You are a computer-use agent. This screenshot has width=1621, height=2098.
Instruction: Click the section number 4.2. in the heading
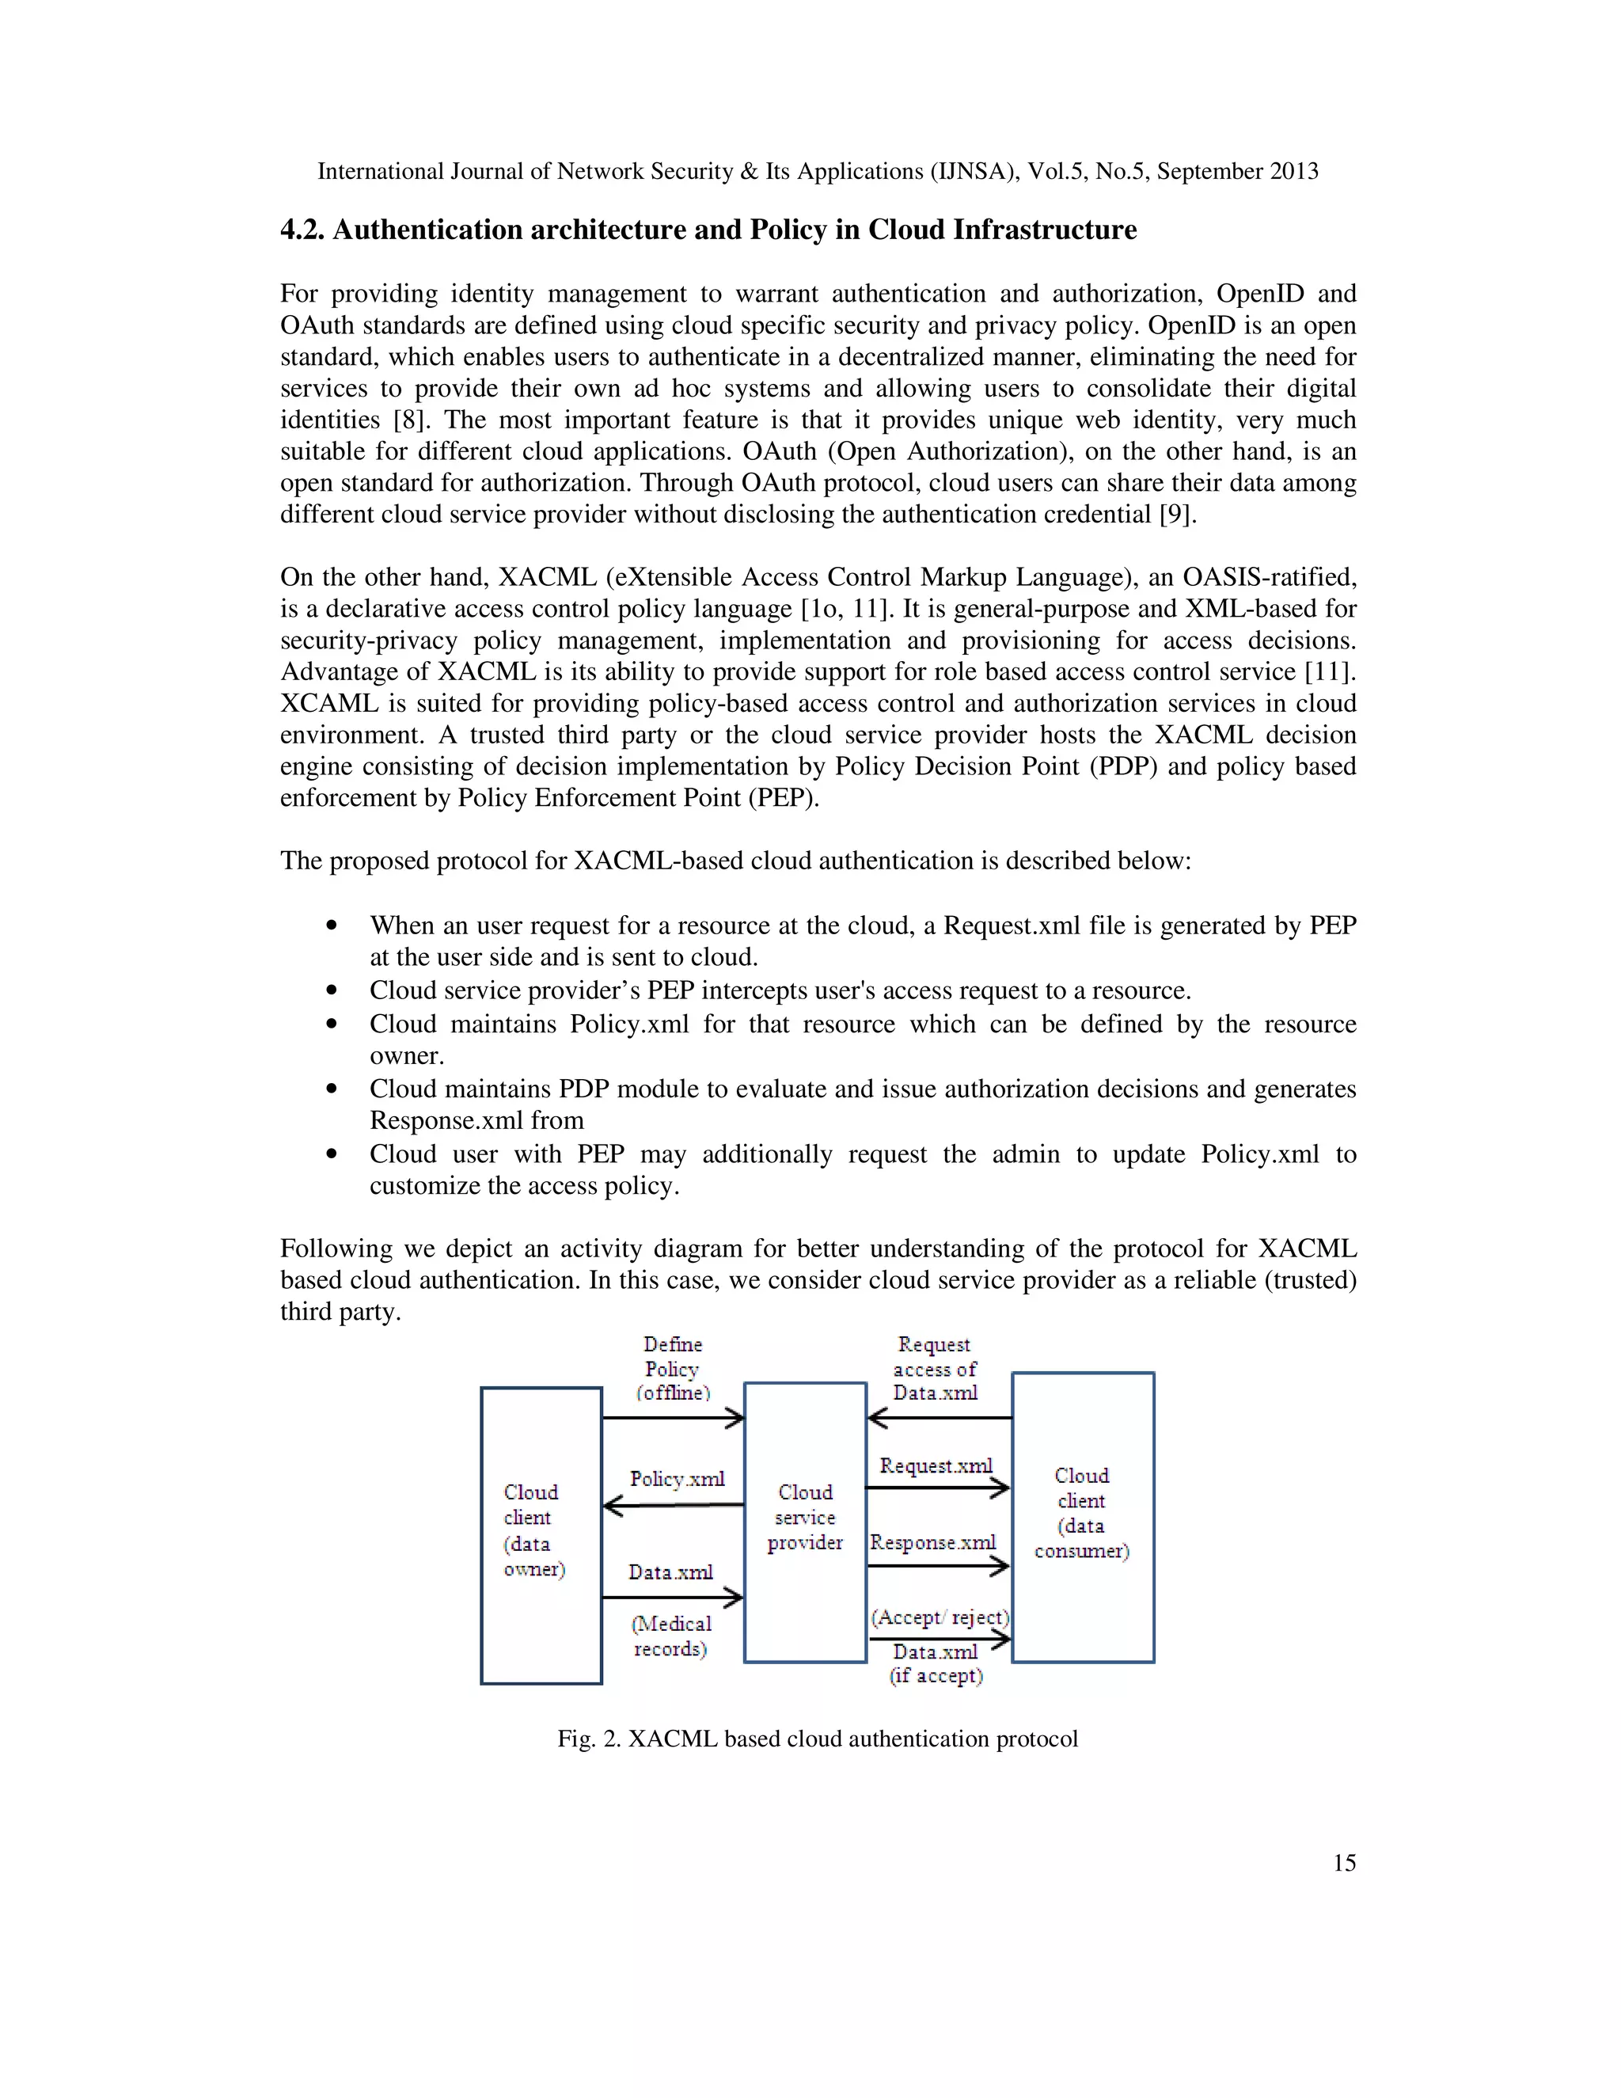[x=302, y=230]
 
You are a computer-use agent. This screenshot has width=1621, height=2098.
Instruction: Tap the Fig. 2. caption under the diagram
[x=817, y=1739]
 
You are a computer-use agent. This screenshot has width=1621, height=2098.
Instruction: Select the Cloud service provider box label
[x=805, y=1517]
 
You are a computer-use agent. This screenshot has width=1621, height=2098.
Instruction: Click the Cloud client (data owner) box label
[x=534, y=1530]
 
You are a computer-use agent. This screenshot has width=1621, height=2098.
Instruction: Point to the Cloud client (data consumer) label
[x=1081, y=1513]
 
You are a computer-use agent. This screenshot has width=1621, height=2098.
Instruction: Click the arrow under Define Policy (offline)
[x=672, y=1418]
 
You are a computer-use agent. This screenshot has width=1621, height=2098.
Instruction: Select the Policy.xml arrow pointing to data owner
[x=672, y=1505]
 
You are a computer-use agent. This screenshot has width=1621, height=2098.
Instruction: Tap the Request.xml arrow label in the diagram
[x=936, y=1466]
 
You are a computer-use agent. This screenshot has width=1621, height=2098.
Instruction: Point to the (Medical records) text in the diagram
[x=670, y=1636]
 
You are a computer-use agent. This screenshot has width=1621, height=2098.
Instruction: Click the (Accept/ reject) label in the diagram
[x=940, y=1617]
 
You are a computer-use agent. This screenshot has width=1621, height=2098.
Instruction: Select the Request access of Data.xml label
[x=935, y=1369]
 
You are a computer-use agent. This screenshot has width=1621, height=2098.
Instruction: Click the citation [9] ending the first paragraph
[x=1175, y=515]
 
